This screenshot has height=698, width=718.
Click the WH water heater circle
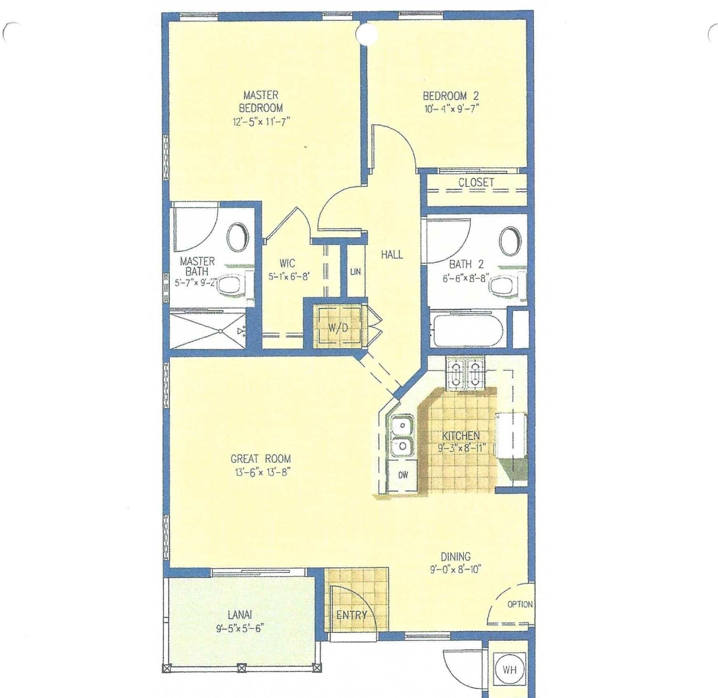coord(509,670)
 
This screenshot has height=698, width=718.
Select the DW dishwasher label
coord(403,475)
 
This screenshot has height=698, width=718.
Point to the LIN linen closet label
coord(356,272)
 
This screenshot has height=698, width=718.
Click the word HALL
coord(392,255)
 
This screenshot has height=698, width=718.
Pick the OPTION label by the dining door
coord(520,604)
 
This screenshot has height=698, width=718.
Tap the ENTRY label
coord(352,615)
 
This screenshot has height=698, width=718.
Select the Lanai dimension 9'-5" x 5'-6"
coord(240,628)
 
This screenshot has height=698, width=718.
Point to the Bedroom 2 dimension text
coord(451,109)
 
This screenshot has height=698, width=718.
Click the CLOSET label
coord(476,183)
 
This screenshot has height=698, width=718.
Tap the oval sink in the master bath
coord(238,238)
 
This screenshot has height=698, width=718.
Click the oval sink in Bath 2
coord(510,241)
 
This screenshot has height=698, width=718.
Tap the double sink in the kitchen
coord(402,436)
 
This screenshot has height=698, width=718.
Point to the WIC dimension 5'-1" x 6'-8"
coord(289,276)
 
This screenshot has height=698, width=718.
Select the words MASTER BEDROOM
coord(261,102)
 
